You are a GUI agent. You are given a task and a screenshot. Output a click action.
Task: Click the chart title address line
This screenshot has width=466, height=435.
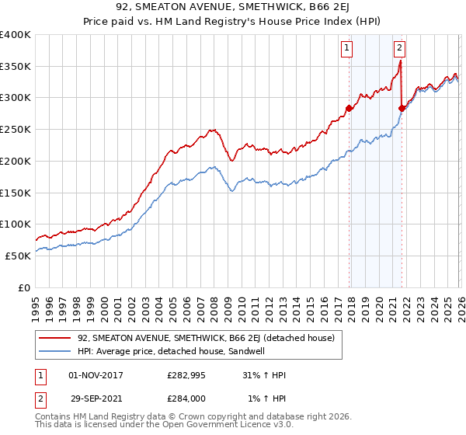[x=233, y=9]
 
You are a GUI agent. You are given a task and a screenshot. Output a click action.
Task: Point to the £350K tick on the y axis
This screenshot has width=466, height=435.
[x=16, y=67]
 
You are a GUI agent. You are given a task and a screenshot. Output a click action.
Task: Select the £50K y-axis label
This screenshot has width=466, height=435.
[x=18, y=255]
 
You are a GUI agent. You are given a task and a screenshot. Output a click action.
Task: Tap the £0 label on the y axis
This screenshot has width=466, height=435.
[x=25, y=287]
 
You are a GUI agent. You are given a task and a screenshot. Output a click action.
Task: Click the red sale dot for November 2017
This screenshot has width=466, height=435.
[x=349, y=108]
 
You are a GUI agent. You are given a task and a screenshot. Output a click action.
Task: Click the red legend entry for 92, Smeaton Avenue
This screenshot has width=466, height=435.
[x=206, y=338]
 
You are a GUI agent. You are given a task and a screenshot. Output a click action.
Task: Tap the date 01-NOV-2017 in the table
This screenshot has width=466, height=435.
[x=96, y=375]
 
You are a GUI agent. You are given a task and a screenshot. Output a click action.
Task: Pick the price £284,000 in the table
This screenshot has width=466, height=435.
[x=187, y=398]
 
